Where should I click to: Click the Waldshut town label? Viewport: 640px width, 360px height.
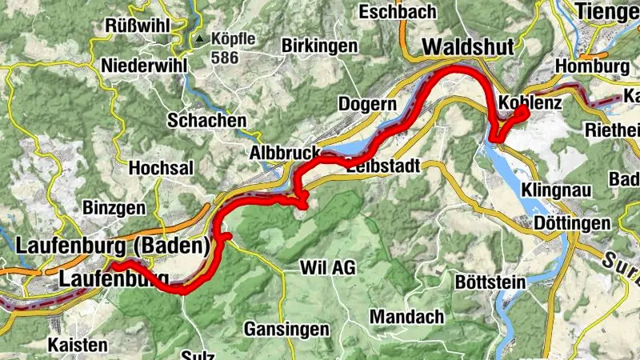click(x=468, y=47)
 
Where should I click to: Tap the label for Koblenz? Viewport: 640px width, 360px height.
click(x=530, y=104)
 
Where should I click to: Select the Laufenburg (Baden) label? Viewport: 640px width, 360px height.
click(x=113, y=243)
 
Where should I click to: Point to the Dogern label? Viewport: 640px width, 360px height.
click(x=367, y=104)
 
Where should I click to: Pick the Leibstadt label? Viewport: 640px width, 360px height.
click(x=384, y=167)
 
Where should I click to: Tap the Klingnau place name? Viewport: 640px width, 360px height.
click(x=553, y=190)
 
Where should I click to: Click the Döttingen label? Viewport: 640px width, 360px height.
click(x=572, y=223)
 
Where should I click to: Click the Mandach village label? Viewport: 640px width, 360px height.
click(x=406, y=317)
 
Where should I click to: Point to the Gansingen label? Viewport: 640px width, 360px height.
click(x=286, y=330)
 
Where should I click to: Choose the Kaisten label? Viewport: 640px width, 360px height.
click(x=78, y=345)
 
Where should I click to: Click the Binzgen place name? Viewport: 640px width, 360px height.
click(x=114, y=207)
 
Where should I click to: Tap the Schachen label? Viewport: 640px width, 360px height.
click(x=206, y=120)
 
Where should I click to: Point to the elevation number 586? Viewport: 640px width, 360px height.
click(x=225, y=58)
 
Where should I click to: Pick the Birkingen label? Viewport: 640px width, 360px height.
click(x=319, y=46)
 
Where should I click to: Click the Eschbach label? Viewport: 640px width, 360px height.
click(x=397, y=11)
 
